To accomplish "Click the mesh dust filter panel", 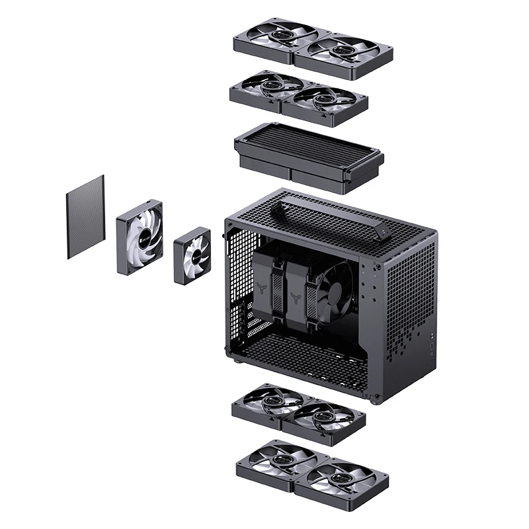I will (86, 217).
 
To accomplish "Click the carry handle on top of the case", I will (331, 215).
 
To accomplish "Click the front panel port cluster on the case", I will (432, 351).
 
